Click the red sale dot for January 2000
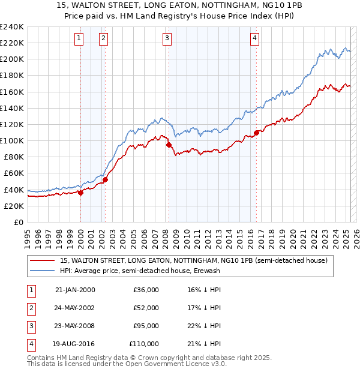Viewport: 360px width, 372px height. point(80,193)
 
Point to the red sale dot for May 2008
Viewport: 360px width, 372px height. point(169,145)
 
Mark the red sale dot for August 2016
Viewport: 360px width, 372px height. point(256,133)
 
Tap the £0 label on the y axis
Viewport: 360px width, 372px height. point(18,222)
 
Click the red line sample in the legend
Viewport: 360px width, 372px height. point(42,260)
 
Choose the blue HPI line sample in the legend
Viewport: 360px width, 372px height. point(42,271)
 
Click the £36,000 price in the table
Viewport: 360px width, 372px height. point(146,290)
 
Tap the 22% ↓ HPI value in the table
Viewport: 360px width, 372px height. point(204,326)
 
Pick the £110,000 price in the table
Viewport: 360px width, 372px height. point(144,344)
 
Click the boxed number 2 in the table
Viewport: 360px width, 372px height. point(31,308)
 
